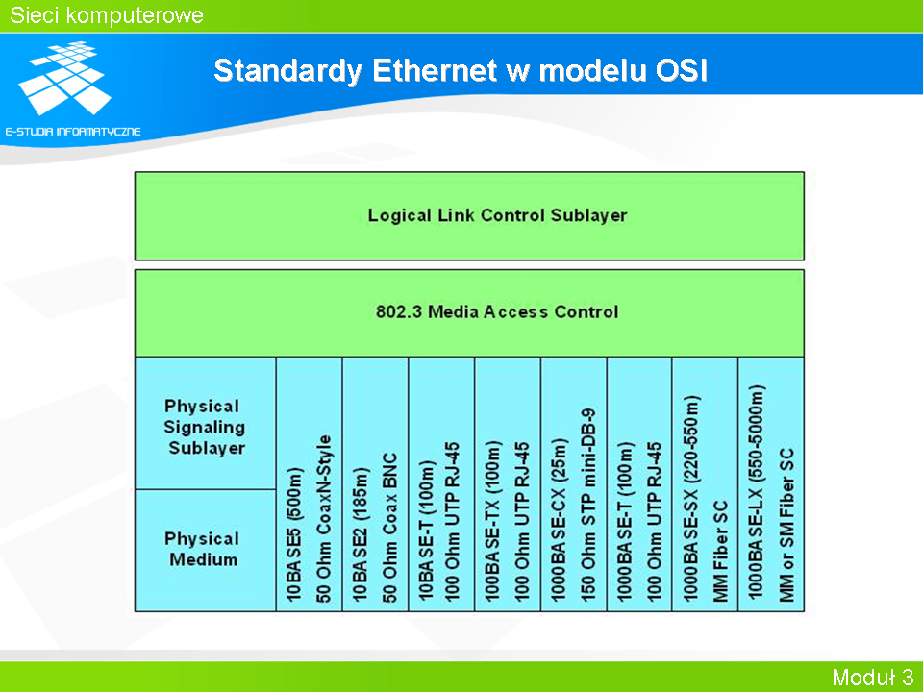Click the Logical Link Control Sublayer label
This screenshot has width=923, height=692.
click(497, 215)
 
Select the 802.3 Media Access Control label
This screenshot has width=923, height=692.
click(497, 311)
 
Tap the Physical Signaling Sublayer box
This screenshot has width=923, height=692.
click(206, 423)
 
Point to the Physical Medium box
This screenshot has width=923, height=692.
click(206, 551)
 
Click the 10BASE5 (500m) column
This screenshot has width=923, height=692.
click(309, 484)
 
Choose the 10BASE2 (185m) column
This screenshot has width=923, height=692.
click(375, 484)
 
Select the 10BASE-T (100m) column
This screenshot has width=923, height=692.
click(441, 484)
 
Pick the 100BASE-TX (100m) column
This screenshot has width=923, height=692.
click(508, 484)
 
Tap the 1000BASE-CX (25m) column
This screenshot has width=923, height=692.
click(573, 484)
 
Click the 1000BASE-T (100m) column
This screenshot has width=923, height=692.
click(639, 484)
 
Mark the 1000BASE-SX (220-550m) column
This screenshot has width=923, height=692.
click(705, 484)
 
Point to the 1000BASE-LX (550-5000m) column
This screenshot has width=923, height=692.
click(771, 484)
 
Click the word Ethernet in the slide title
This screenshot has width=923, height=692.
click(435, 71)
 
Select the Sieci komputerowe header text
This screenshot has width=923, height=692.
click(107, 15)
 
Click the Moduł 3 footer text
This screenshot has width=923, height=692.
click(872, 677)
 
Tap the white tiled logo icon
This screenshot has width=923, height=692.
click(64, 78)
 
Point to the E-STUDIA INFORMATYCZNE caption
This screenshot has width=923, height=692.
click(73, 132)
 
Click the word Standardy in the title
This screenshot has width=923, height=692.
click(287, 72)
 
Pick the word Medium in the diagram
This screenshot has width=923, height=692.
click(204, 559)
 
